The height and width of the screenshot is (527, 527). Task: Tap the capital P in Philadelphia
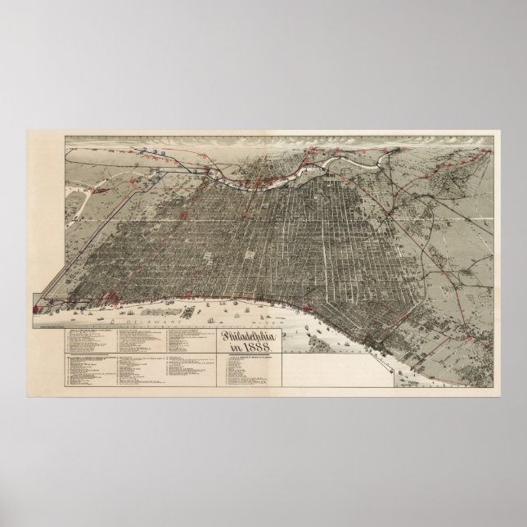click(x=226, y=336)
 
